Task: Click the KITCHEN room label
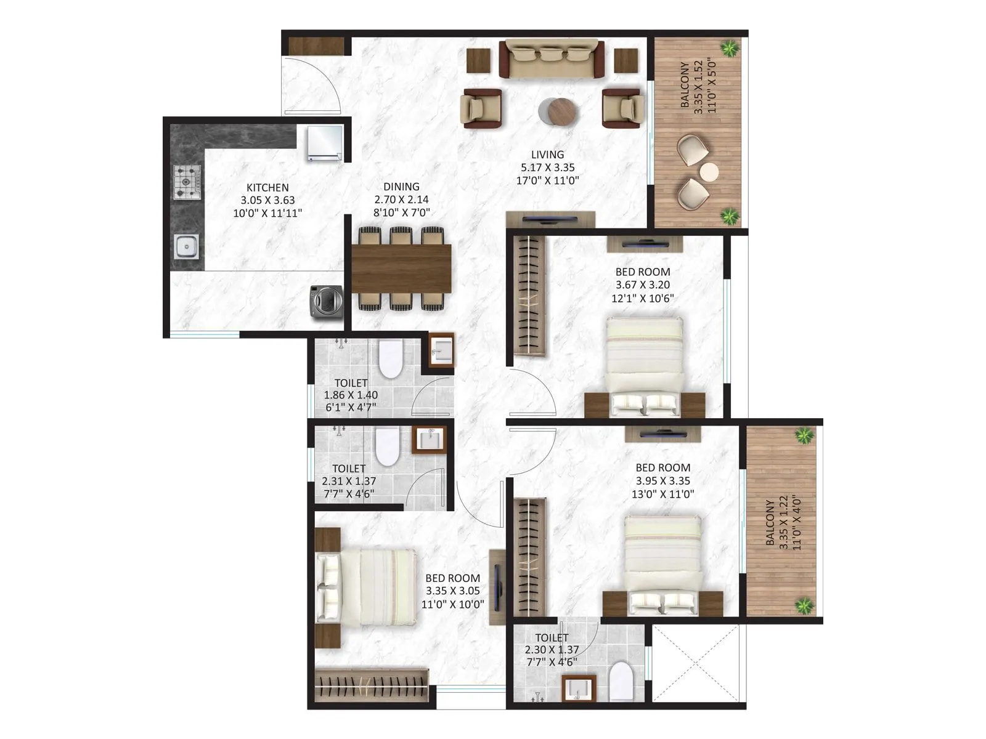267,188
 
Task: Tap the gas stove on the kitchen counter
187,182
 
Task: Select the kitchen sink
185,248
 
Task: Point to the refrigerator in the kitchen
324,143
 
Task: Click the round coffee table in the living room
562,112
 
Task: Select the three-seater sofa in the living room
552,59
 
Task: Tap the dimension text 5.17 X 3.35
547,168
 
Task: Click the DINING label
401,187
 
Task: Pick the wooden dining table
401,268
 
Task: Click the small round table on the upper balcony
709,172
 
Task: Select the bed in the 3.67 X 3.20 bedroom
645,363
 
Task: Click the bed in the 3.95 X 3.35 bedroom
663,560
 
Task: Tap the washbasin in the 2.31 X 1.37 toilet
429,440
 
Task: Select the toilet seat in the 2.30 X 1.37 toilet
621,682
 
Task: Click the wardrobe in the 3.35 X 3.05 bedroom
372,685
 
